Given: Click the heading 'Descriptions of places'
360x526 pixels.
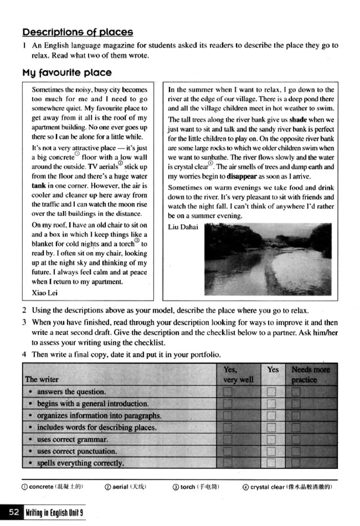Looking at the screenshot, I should [x=78, y=32].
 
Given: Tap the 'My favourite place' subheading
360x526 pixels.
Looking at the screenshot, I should [x=67, y=72].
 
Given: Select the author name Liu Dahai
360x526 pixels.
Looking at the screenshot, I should [x=183, y=227].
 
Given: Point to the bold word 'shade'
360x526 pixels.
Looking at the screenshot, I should [x=298, y=120].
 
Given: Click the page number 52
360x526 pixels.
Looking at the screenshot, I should [x=13, y=513].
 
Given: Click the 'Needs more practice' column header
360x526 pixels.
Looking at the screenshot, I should [x=310, y=374].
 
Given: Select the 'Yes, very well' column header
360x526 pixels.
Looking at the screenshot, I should [x=238, y=374].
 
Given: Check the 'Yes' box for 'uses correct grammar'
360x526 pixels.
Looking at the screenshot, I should [x=271, y=440].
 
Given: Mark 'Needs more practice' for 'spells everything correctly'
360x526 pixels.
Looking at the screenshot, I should [x=296, y=463].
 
